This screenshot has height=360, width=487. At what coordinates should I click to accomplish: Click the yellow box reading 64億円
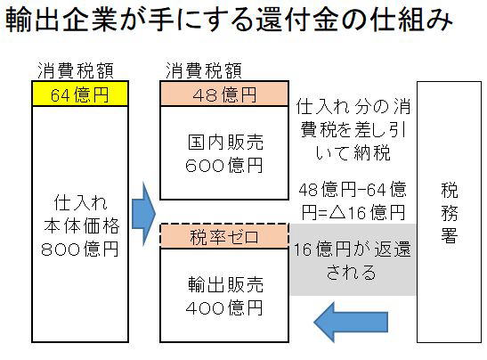pos(80,94)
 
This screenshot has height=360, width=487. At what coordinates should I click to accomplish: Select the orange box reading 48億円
pos(224,94)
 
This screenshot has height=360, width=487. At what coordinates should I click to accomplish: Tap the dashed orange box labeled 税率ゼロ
pos(224,236)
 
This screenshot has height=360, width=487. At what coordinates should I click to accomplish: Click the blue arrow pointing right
pos(143,214)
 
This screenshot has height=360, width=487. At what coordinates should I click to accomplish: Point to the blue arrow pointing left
pos(351,322)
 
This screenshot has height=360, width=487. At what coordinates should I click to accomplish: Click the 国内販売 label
pos(226,143)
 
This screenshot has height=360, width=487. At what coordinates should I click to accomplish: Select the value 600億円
pos(224,165)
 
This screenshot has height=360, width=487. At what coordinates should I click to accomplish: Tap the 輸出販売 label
pos(226,284)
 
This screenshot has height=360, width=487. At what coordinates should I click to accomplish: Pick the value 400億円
pos(224,307)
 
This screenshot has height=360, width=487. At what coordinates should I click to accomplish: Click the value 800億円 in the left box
pos(80,249)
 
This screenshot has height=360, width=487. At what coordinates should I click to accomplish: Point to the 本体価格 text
pos(82,225)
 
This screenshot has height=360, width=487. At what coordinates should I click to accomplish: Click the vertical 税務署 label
pos(450,213)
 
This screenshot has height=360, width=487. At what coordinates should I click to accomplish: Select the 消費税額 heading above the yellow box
pos(76,70)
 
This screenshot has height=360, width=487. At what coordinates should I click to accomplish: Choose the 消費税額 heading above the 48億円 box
pos(204,70)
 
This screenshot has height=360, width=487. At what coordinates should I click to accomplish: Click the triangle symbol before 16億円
pos(337,213)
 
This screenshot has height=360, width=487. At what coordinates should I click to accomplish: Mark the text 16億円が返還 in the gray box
pos(353,249)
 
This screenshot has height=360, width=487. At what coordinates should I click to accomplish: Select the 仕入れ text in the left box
pos(81,202)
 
